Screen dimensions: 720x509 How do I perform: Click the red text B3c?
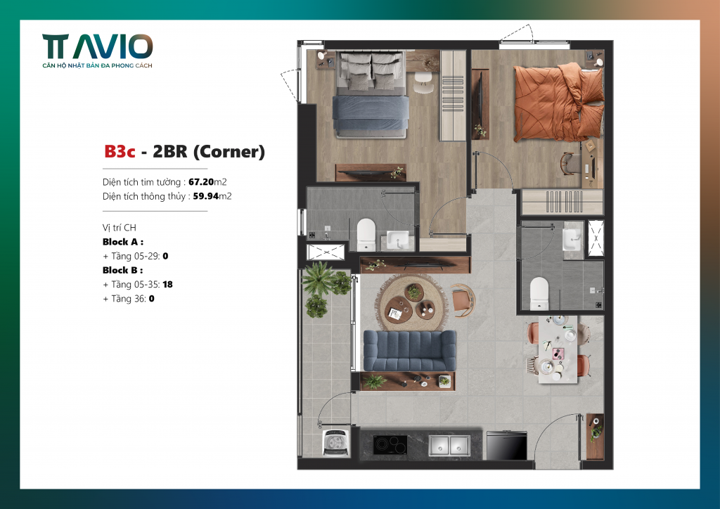click(120, 151)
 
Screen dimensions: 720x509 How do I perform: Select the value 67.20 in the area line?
click(201, 182)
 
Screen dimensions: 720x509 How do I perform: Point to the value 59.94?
click(206, 196)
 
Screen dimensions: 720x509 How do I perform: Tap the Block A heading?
click(122, 242)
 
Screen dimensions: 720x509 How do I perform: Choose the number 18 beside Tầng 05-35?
click(167, 285)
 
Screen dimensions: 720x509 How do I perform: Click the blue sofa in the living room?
click(410, 350)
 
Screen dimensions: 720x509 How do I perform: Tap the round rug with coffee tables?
click(411, 303)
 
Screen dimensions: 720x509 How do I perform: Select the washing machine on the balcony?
click(335, 442)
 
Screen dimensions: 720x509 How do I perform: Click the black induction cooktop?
click(390, 445)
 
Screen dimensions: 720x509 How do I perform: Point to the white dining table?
click(558, 349)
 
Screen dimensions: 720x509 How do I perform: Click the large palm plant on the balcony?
click(318, 278)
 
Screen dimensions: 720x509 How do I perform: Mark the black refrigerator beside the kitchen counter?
click(506, 445)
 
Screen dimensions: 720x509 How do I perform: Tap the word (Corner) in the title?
click(229, 152)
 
